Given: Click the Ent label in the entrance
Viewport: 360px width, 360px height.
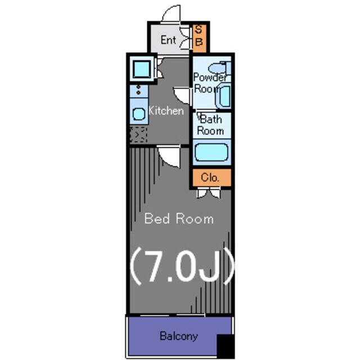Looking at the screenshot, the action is coord(168,40).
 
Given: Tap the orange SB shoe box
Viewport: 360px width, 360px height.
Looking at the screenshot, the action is coord(199,38).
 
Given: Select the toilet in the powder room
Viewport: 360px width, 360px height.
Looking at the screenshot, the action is coord(220,67).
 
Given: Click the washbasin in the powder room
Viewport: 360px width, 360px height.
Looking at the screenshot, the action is coord(223,97).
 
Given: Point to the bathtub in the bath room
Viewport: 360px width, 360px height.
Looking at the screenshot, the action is coord(211,152).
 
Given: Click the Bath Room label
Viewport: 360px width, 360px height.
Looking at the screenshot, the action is coord(210,125).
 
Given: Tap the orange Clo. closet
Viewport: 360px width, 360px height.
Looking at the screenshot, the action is coord(211,178).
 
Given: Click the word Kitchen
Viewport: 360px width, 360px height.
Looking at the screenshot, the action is coord(166,111).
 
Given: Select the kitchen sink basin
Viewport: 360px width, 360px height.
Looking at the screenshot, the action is coord(139,114).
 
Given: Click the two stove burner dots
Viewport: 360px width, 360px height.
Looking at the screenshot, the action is coord(138,90).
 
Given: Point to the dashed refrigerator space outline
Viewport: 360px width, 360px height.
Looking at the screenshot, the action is coord(138,135).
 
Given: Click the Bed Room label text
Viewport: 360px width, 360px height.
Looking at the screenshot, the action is coord(179,219).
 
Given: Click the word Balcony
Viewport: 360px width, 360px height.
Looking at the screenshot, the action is coord(179,336).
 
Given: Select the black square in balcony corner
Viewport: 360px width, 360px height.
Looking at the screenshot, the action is coord(226,346).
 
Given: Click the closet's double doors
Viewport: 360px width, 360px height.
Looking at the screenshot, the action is coord(209,193).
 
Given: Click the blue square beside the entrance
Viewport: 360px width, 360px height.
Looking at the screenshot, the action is coord(142,69).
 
